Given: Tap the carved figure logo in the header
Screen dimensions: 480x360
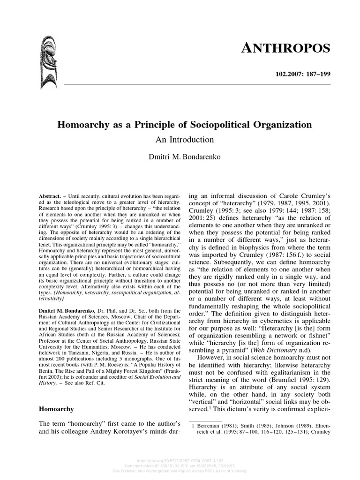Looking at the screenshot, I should [x=49, y=64].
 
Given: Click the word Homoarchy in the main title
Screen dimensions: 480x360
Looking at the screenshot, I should [x=81, y=125].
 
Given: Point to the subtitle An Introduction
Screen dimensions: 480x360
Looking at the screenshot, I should [x=184, y=140].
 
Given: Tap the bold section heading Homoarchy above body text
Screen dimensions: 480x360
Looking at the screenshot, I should [x=56, y=409].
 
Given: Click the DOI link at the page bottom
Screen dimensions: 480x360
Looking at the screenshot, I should [x=180, y=461].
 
